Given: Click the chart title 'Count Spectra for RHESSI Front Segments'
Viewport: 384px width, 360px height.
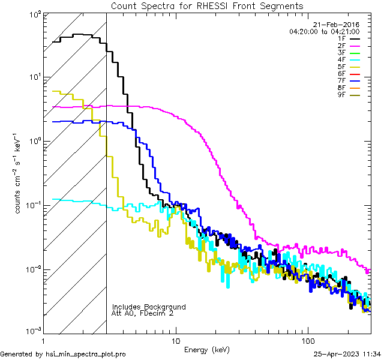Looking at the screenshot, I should [x=207, y=5].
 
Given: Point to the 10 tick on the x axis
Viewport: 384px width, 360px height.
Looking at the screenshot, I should [x=175, y=340].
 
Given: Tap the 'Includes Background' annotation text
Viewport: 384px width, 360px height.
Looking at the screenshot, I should [x=149, y=307].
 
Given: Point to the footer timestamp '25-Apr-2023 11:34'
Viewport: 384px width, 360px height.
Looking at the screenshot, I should [x=347, y=354].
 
